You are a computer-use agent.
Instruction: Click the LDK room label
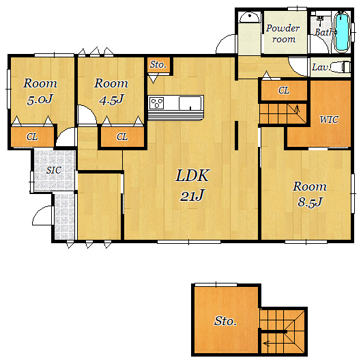click(x=192, y=176)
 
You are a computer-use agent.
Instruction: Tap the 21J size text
click(x=192, y=195)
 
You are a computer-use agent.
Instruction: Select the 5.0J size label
click(x=40, y=99)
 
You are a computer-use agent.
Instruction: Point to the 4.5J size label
click(x=111, y=99)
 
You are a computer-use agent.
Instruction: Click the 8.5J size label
click(x=310, y=202)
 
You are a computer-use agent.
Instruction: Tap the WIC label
click(x=329, y=120)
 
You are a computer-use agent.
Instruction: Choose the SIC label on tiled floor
click(x=54, y=170)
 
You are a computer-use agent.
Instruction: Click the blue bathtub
click(x=342, y=32)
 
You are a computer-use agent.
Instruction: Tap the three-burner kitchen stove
click(x=156, y=103)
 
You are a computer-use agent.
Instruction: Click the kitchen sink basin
click(x=190, y=103)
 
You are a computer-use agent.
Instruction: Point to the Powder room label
click(x=283, y=33)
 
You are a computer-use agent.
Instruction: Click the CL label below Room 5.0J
click(x=32, y=137)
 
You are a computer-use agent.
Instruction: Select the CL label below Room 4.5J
click(x=122, y=137)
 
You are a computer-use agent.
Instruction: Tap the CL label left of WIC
click(x=284, y=90)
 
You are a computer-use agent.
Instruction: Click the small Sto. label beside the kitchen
click(x=158, y=64)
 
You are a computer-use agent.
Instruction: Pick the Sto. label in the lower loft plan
click(x=225, y=321)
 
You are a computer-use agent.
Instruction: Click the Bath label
click(x=324, y=32)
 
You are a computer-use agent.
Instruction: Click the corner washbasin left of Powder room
click(x=249, y=18)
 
